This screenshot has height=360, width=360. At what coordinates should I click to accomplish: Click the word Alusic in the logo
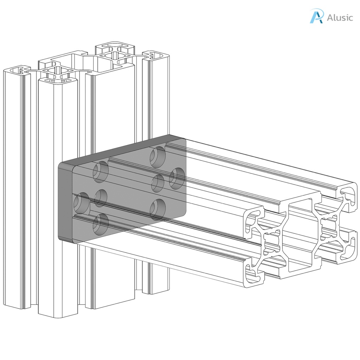pos(340,17)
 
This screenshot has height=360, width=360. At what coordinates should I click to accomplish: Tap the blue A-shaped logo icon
pos(316,16)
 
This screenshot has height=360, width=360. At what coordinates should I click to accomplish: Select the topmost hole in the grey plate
pos(158,157)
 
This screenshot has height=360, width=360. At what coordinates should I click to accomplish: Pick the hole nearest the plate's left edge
pos(82,203)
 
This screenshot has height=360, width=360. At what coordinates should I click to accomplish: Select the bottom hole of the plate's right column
pos(158,209)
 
